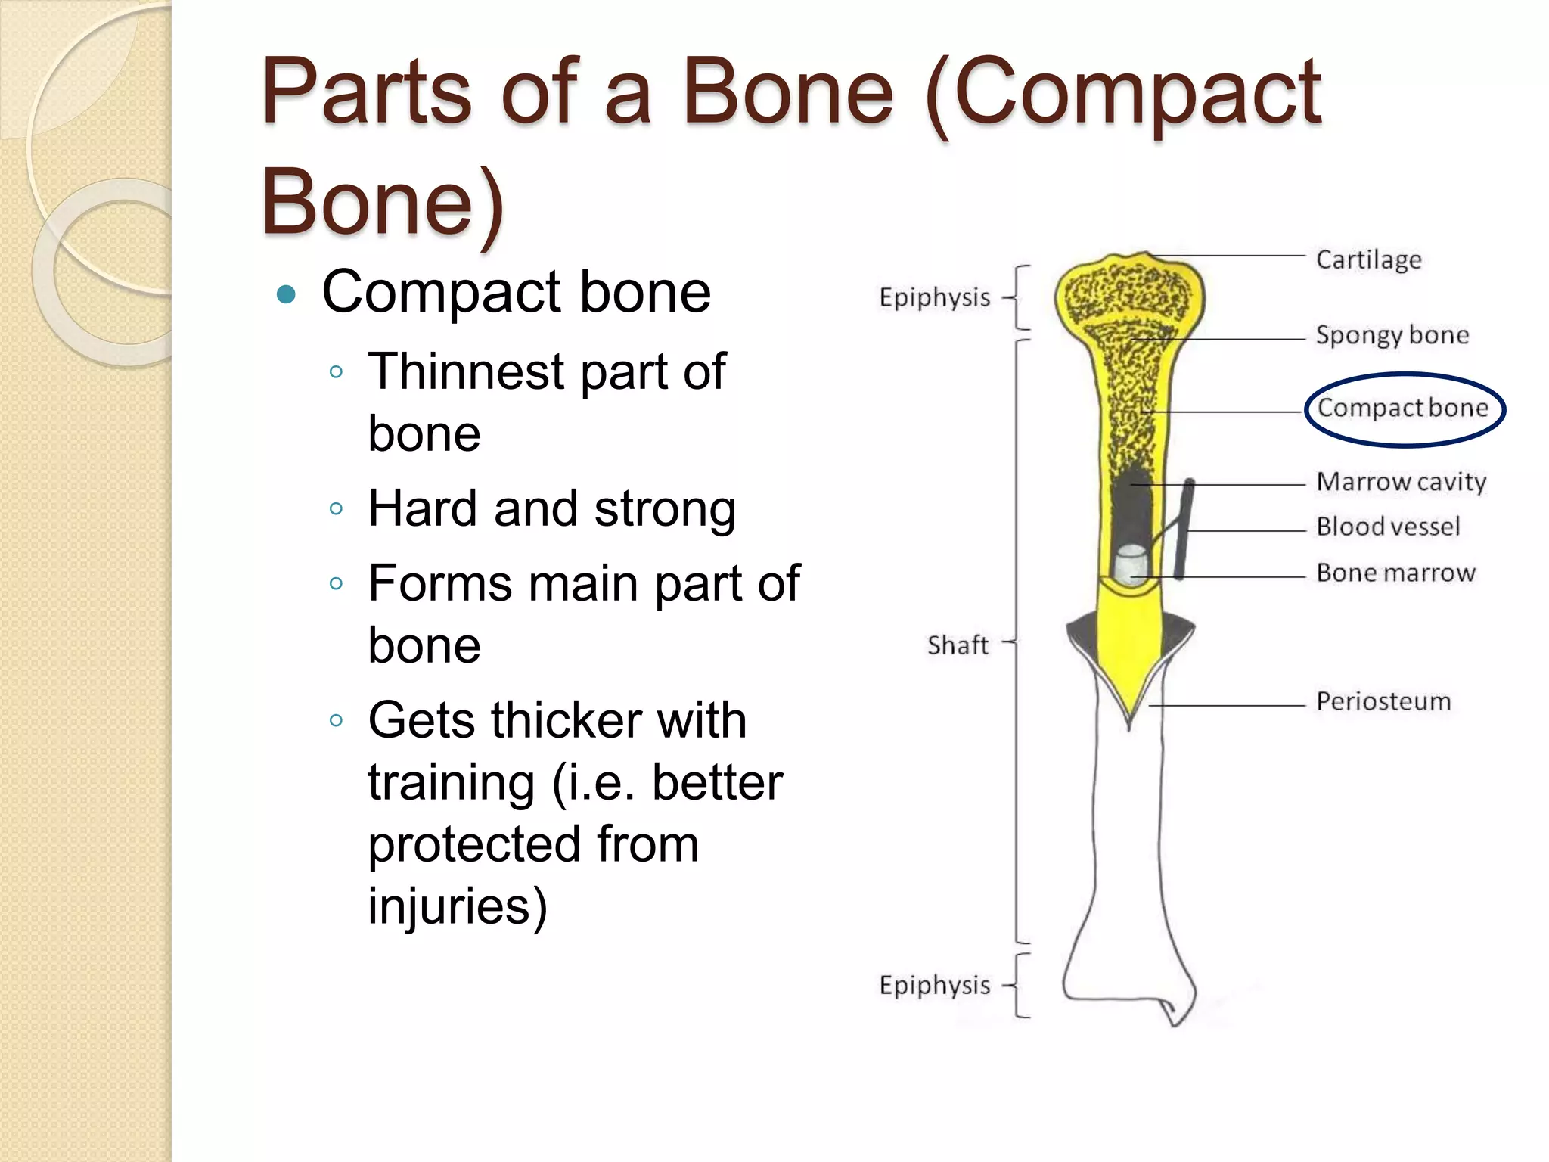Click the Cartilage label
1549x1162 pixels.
1368,259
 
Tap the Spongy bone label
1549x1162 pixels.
1392,334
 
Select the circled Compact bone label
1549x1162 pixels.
1403,408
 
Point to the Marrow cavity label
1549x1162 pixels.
1401,482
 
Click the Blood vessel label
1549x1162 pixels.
1388,527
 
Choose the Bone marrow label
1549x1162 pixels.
1395,573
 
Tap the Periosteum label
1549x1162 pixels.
1383,701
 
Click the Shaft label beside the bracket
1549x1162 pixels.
958,645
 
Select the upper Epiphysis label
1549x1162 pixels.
934,297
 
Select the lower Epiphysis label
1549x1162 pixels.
934,985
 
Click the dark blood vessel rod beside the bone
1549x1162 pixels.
1185,530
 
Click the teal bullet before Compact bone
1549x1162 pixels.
286,294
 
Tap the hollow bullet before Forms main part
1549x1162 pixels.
337,583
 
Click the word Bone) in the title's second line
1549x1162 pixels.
383,203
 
